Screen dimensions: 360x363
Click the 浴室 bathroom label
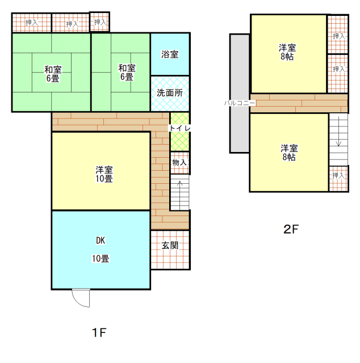170,54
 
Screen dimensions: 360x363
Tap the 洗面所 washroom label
170,93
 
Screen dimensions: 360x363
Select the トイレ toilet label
180,128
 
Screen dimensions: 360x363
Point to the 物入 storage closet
180,163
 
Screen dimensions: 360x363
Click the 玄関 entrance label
170,246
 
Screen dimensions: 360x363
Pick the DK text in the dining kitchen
101,240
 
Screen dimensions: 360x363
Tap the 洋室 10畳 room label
104,174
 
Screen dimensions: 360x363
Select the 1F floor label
99,333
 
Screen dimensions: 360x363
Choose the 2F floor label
291,229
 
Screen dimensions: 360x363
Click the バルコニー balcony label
240,103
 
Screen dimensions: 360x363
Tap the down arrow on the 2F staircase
338,131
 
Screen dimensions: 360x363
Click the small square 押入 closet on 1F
100,22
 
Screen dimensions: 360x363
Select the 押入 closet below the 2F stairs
338,179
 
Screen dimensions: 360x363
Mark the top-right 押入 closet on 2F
338,35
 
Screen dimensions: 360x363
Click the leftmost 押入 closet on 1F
32,23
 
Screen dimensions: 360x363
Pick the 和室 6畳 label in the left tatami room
53,74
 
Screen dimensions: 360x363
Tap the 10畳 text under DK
101,259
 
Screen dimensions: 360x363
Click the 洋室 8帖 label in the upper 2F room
287,52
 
